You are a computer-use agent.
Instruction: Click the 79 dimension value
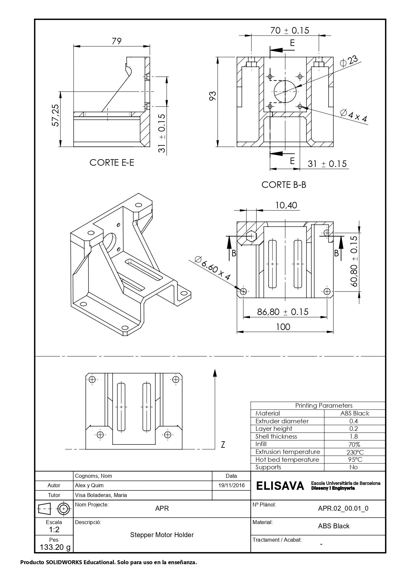(117, 41)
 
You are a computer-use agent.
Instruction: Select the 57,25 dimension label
(55, 115)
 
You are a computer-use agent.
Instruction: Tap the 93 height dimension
(212, 96)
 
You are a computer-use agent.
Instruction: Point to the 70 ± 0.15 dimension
(289, 30)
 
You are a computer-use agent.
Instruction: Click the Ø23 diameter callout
(349, 61)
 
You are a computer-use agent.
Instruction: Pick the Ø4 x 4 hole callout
(353, 116)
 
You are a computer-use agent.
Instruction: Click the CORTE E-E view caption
(112, 162)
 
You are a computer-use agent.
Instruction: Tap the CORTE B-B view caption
(284, 185)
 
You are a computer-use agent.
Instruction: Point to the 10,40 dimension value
(286, 205)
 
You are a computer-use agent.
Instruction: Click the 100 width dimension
(283, 327)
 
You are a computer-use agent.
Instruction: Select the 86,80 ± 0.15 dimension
(283, 312)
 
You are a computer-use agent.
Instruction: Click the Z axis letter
(223, 444)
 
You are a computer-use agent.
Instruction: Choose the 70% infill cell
(353, 444)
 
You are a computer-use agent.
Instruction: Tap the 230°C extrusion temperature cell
(355, 452)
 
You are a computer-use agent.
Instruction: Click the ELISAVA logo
(280, 486)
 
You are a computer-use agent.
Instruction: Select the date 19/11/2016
(231, 485)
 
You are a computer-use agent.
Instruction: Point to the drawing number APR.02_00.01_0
(343, 508)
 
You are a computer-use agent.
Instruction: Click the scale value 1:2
(54, 529)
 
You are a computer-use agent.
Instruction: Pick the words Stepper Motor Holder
(162, 535)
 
